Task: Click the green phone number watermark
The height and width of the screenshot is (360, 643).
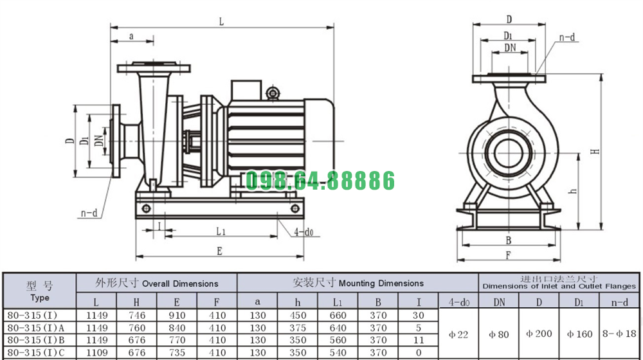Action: tap(320, 181)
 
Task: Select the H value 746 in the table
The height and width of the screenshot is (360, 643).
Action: tap(136, 315)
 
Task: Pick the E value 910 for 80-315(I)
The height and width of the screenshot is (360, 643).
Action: tap(177, 315)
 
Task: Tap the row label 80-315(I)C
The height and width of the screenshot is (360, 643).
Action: tap(36, 352)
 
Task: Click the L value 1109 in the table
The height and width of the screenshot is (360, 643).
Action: tap(97, 352)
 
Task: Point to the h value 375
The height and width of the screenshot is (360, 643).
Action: tap(298, 328)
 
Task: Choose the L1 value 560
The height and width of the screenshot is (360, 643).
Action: tap(338, 340)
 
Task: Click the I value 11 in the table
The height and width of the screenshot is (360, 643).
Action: tap(419, 340)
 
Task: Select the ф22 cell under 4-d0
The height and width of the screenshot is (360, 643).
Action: tap(458, 334)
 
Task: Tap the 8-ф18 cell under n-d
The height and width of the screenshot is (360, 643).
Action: tap(619, 334)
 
